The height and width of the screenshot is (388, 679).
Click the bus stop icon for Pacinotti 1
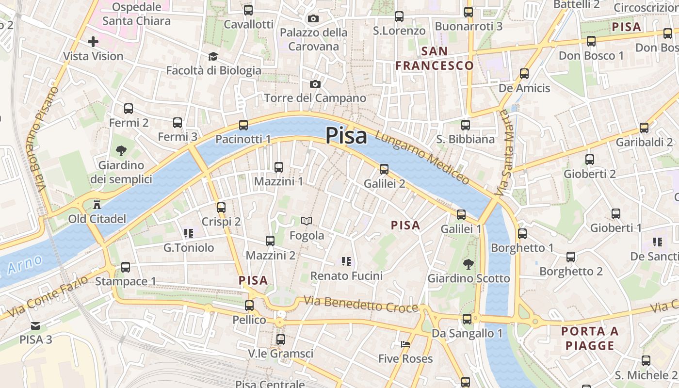(243, 125)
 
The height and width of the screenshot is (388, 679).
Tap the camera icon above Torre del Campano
(315, 84)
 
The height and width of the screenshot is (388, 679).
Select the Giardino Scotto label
(468, 278)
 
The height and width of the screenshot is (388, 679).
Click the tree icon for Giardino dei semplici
(121, 151)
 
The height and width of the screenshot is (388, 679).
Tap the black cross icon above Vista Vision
(93, 42)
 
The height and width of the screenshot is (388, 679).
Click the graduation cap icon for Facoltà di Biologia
(212, 57)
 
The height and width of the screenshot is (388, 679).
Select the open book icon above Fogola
(306, 221)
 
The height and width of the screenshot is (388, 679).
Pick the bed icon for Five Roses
(405, 344)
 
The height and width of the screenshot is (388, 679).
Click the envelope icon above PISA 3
(35, 325)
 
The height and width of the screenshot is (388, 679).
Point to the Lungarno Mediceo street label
(422, 158)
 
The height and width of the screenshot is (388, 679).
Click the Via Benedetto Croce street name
(361, 304)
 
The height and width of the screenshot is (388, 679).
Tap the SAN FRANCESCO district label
(434, 58)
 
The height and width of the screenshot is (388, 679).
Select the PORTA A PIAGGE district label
(590, 339)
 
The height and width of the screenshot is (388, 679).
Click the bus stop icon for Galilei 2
(384, 169)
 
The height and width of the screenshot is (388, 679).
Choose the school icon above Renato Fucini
(346, 261)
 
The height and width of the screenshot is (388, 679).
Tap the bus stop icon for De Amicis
(524, 74)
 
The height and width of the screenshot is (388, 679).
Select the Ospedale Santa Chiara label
(136, 14)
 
